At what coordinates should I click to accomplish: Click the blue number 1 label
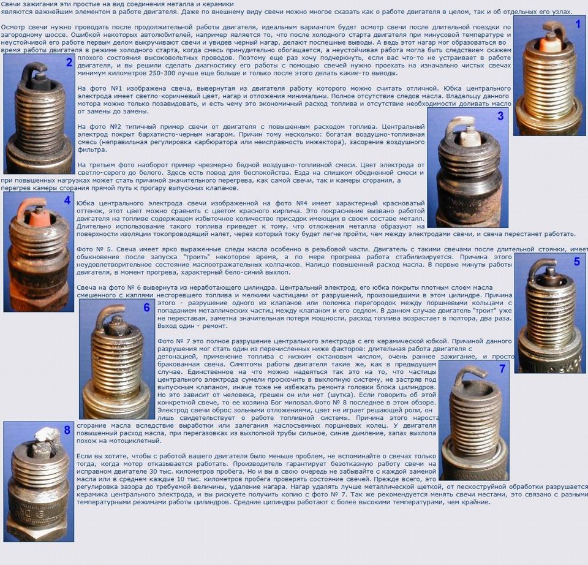point(578,25)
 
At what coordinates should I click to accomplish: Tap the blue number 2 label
point(69,63)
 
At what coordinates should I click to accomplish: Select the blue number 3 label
point(500,116)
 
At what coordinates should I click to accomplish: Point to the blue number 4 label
point(67,200)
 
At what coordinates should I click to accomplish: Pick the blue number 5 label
point(577,262)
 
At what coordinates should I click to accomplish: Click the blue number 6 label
point(146,308)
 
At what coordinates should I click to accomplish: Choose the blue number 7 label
point(502,369)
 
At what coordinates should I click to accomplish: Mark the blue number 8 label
point(67,430)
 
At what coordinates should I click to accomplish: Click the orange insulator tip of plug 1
point(550,45)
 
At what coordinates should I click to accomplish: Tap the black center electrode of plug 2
point(40,80)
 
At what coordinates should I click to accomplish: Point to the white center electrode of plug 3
point(469,137)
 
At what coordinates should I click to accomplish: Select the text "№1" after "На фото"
point(116,88)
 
